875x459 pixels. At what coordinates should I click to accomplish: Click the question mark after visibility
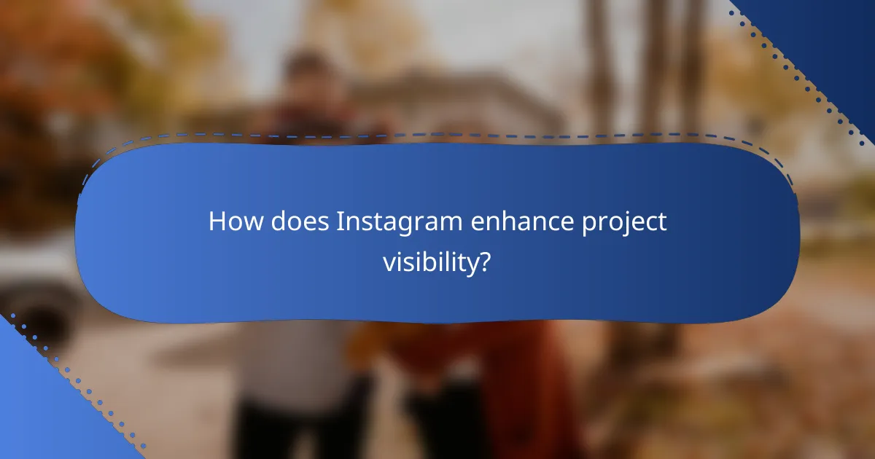coord(483,261)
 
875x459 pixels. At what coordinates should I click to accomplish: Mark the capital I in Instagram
coord(339,222)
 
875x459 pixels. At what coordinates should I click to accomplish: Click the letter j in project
coord(626,226)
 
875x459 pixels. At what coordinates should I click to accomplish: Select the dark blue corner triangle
coord(831,44)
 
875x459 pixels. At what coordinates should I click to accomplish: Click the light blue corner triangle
coord(36,408)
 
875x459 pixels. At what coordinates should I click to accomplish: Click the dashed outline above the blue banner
coord(437,134)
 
